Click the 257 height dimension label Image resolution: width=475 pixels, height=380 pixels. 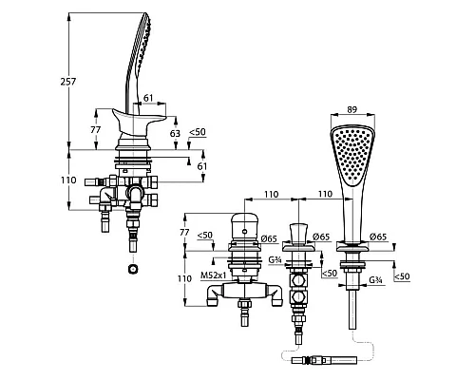point(68,82)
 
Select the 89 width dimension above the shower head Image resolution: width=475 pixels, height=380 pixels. point(351,109)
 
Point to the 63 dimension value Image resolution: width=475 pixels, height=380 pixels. point(175,133)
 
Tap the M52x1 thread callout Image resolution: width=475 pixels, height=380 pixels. point(214,275)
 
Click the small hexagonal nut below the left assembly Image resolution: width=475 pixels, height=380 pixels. point(133,270)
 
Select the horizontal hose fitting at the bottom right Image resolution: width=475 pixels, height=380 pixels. point(324,360)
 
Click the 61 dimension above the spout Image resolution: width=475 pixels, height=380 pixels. point(148,98)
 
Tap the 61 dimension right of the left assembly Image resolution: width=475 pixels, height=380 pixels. point(201,166)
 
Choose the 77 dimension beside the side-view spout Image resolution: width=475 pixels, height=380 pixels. point(95,129)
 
